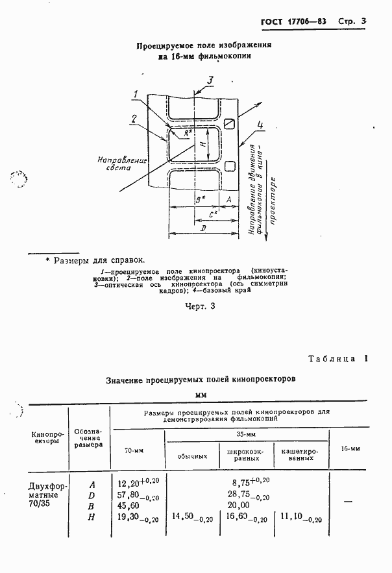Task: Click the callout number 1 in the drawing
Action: click(x=134, y=95)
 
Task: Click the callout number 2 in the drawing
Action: click(x=132, y=118)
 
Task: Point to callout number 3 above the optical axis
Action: click(x=210, y=80)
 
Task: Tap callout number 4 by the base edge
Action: click(x=260, y=125)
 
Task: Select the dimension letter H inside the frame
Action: click(x=202, y=144)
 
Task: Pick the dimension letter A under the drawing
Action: click(x=229, y=199)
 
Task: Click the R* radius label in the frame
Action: click(x=187, y=133)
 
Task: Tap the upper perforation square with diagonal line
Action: click(x=229, y=123)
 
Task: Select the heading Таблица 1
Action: click(x=337, y=359)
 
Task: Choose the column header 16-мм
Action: click(x=349, y=448)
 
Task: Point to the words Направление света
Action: click(x=115, y=162)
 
